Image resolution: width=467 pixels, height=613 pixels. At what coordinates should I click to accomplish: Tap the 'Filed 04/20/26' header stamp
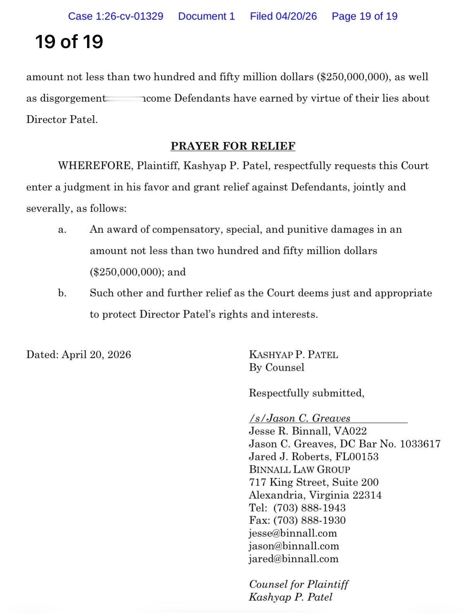tap(283, 16)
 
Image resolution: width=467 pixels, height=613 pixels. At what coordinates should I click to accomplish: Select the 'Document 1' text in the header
tap(206, 16)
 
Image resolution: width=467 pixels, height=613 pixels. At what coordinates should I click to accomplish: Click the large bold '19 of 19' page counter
tap(69, 41)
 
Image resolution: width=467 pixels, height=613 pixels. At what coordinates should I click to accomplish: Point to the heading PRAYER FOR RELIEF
tap(233, 146)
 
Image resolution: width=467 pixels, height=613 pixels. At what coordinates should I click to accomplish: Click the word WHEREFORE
tap(95, 166)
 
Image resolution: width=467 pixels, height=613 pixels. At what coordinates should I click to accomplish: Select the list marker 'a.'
tap(62, 230)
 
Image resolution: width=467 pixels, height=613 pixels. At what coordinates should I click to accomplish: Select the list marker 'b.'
tap(62, 293)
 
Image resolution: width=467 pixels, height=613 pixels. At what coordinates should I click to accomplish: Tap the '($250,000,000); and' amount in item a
tap(138, 272)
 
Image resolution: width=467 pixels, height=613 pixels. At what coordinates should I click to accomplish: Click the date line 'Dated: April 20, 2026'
tap(79, 354)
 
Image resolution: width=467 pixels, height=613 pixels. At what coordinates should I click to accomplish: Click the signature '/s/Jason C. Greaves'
tap(300, 418)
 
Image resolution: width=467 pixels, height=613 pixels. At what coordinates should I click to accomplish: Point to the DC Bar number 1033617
tap(420, 444)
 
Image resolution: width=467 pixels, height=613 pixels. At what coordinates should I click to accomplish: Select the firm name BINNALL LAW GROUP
tap(299, 469)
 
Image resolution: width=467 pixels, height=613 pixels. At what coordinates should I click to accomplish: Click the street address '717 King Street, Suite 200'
tap(314, 482)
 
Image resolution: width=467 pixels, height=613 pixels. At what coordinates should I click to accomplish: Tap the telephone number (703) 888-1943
tap(309, 508)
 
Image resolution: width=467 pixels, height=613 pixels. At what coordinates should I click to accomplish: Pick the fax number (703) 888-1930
tap(309, 520)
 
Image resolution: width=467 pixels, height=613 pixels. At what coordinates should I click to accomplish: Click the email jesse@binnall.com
tap(293, 533)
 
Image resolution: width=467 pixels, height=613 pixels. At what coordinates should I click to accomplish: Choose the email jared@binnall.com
tap(294, 559)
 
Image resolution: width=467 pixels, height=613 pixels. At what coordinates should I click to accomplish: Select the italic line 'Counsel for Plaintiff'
tap(299, 584)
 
